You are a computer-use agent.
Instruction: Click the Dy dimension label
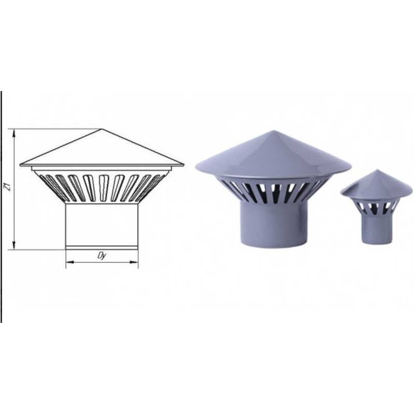(x=101, y=256)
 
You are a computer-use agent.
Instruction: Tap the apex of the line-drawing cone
(x=102, y=129)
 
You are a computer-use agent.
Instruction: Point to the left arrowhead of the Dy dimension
(x=69, y=262)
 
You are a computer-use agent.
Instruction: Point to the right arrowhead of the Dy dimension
(x=134, y=262)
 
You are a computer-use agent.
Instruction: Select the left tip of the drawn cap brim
(x=20, y=165)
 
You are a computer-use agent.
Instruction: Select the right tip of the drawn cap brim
(x=184, y=165)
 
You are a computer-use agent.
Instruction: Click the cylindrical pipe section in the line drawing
(x=101, y=226)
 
